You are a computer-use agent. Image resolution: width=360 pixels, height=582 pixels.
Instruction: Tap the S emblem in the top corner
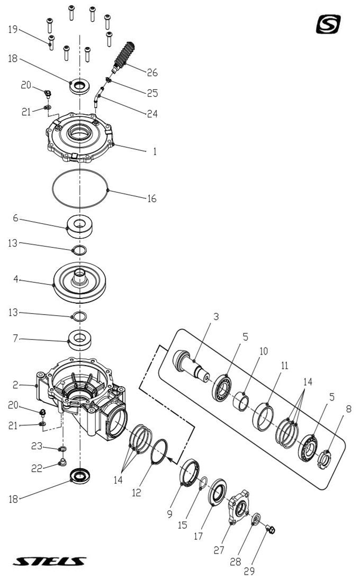point(328,24)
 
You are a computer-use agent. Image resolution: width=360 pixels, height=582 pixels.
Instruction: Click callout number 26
point(152,72)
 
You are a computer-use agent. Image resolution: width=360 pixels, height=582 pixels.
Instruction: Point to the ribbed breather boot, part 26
point(125,54)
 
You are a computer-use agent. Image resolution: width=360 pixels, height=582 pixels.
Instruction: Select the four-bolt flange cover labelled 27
point(239,508)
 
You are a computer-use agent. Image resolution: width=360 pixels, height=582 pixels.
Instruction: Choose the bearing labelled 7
point(80,339)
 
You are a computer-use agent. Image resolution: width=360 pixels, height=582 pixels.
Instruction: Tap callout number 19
point(13,29)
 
